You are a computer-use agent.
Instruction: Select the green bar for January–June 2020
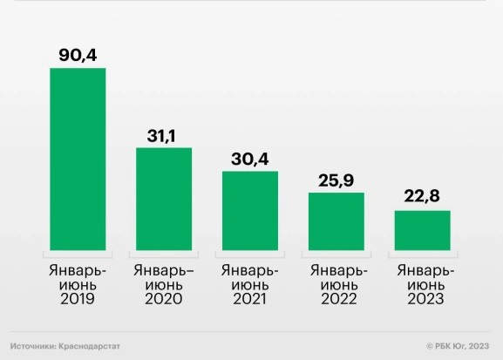(164, 198)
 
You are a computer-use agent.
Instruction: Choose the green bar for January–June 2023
(422, 229)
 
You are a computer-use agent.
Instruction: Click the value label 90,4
(78, 54)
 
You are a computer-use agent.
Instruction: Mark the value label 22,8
(422, 197)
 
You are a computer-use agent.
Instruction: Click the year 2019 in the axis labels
(78, 299)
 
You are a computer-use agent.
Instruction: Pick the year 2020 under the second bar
(164, 299)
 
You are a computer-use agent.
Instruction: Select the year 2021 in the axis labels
(250, 299)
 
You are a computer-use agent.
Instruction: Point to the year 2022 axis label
(336, 299)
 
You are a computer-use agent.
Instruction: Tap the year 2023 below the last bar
(422, 299)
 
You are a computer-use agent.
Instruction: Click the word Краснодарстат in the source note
(90, 346)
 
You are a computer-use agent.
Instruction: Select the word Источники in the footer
(32, 346)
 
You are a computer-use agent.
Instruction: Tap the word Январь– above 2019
(78, 269)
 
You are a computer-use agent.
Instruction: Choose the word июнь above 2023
(422, 284)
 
